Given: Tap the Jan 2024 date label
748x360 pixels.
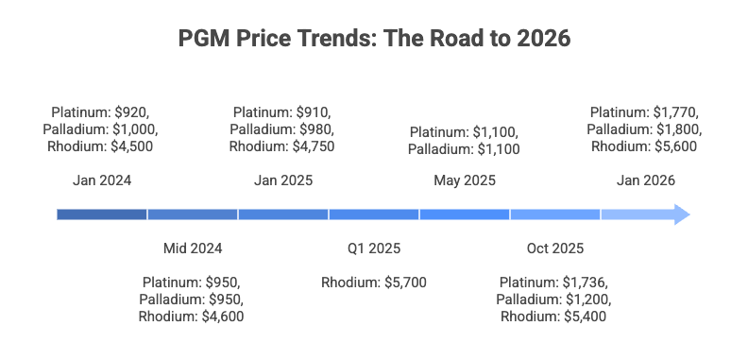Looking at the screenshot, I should [x=101, y=180].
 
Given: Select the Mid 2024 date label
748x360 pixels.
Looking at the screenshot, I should [x=193, y=249].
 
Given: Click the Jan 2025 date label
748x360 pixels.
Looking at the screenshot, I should [x=283, y=180].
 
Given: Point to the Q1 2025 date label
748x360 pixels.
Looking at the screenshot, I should [x=374, y=249].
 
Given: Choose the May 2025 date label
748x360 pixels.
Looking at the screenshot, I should [x=465, y=180].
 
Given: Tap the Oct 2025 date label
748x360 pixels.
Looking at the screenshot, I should [x=555, y=249].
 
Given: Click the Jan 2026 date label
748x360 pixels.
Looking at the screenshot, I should [x=646, y=180].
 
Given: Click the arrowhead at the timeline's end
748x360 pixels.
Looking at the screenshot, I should [x=682, y=214].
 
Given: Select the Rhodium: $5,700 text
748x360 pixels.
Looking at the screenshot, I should [x=374, y=283].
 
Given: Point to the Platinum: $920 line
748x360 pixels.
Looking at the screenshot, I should [x=101, y=111].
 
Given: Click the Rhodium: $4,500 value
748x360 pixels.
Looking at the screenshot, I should [x=101, y=146].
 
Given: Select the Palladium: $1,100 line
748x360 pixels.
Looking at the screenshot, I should [x=465, y=149].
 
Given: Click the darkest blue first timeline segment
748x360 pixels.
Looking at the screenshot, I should [x=101, y=214].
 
